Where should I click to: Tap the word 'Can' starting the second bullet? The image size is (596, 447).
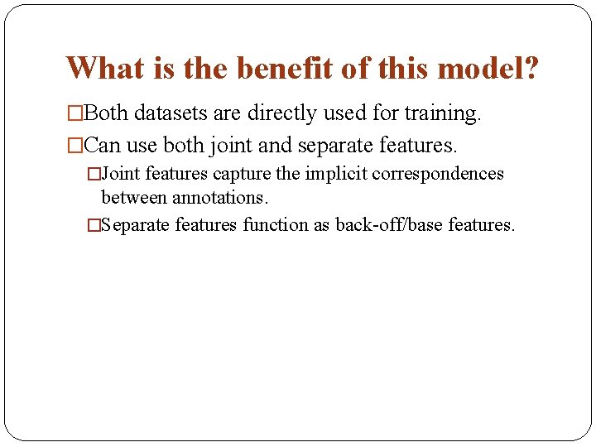pyautogui.click(x=103, y=146)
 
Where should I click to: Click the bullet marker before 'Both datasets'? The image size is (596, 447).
pyautogui.click(x=75, y=113)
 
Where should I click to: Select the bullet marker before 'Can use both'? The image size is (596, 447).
pyautogui.click(x=75, y=146)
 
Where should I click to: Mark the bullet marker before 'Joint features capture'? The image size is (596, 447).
pyautogui.click(x=94, y=174)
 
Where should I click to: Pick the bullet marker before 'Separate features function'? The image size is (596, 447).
pyautogui.click(x=94, y=225)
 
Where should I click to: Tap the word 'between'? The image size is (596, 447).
pyautogui.click(x=134, y=199)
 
